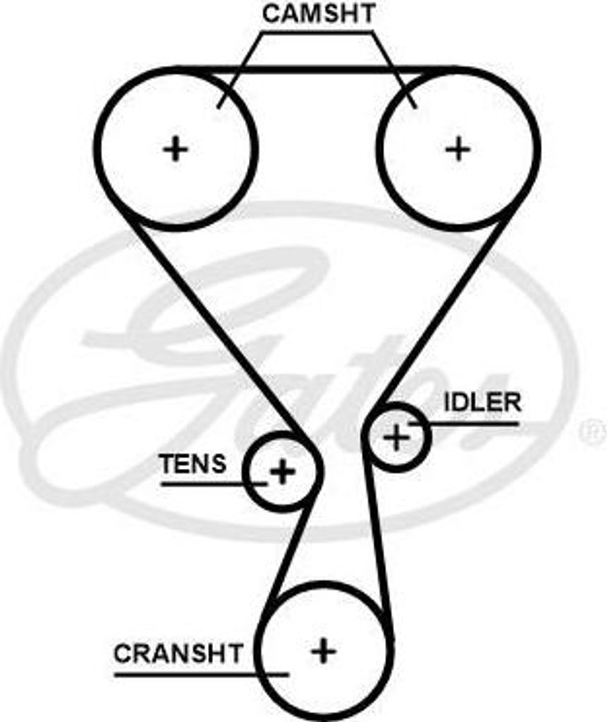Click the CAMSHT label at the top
[318, 13]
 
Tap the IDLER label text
[482, 403]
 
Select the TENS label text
[192, 464]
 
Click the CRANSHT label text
[178, 654]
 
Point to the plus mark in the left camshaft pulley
[176, 149]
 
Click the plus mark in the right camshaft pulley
[458, 149]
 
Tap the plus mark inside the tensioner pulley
[283, 471]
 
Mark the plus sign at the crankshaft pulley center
[324, 650]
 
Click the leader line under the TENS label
[211, 484]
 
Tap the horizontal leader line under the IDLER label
[472, 424]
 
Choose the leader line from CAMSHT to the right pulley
[395, 71]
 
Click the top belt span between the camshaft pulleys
[317, 70]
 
